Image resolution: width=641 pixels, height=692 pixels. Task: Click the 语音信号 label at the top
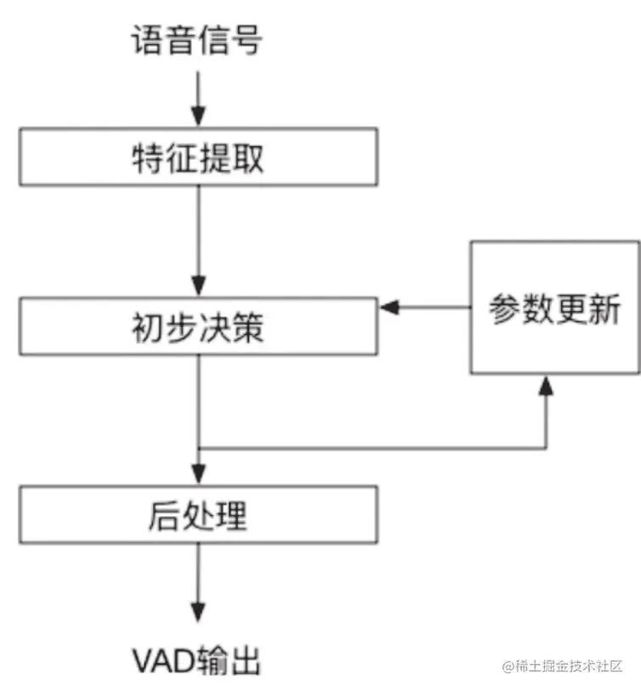[x=196, y=40]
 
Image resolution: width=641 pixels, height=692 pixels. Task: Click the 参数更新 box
[x=554, y=308]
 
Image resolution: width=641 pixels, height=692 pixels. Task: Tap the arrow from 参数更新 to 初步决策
[x=425, y=307]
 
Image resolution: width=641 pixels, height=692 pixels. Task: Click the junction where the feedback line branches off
[x=198, y=447]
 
